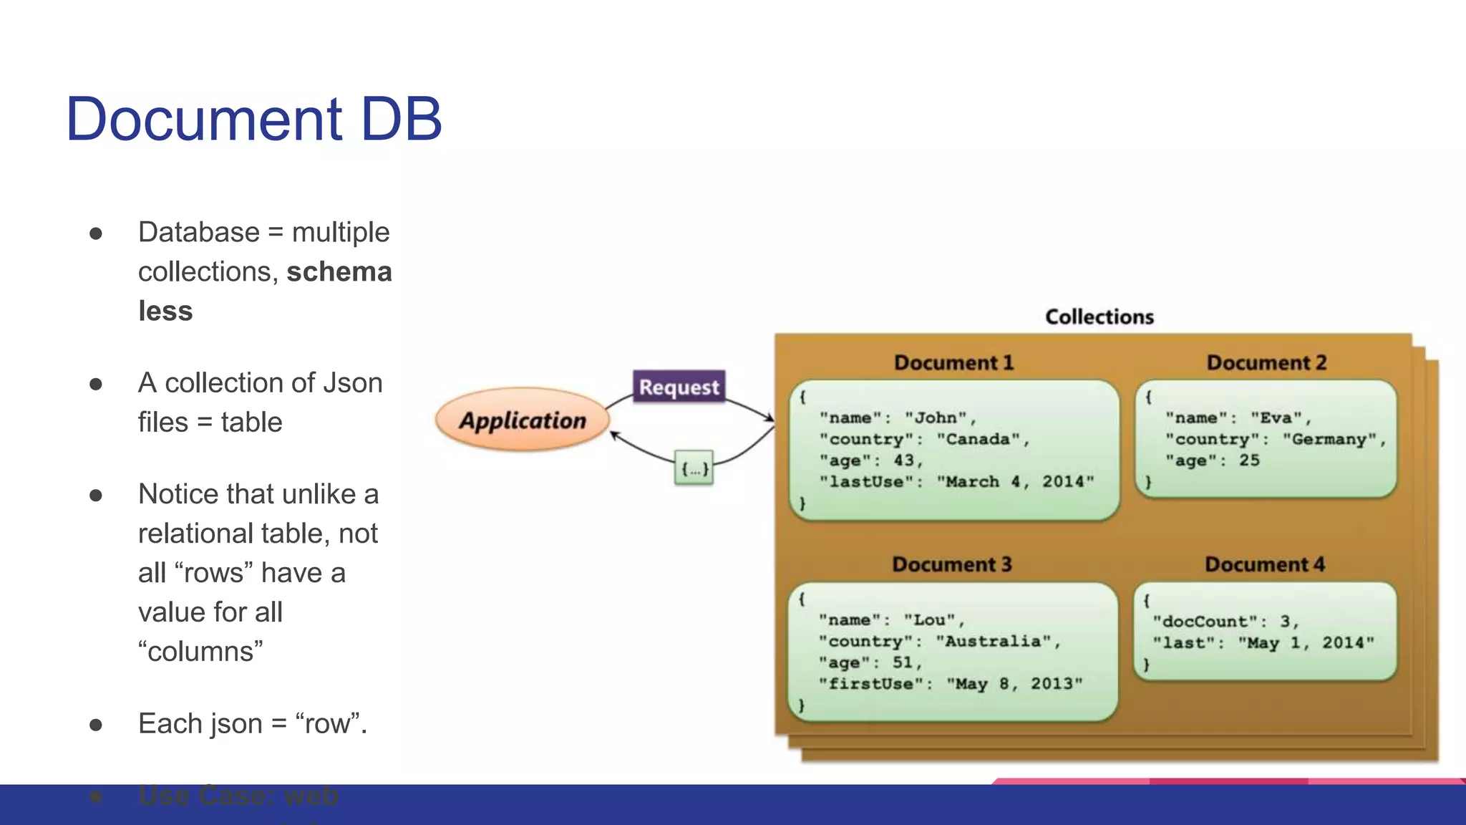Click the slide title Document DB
click(253, 119)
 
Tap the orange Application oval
click(523, 420)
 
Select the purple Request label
click(679, 387)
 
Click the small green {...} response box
click(694, 468)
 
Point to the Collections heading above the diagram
click(1099, 317)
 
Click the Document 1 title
click(953, 362)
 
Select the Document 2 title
click(1266, 362)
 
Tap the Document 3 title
click(951, 564)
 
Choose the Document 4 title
click(1264, 564)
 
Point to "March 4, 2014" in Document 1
click(1015, 482)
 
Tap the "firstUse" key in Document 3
click(870, 684)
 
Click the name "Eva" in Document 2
click(1276, 418)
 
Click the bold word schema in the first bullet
click(339, 272)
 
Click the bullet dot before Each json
click(96, 725)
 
